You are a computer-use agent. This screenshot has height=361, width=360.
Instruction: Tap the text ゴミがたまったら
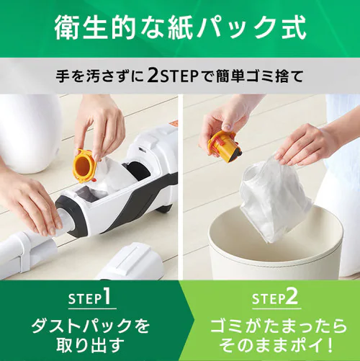coord(270,326)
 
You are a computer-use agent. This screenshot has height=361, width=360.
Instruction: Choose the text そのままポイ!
coord(270,344)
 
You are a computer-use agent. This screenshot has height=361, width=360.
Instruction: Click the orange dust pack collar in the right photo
coord(222,145)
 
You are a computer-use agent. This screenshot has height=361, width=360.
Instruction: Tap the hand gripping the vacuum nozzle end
coord(29,202)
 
